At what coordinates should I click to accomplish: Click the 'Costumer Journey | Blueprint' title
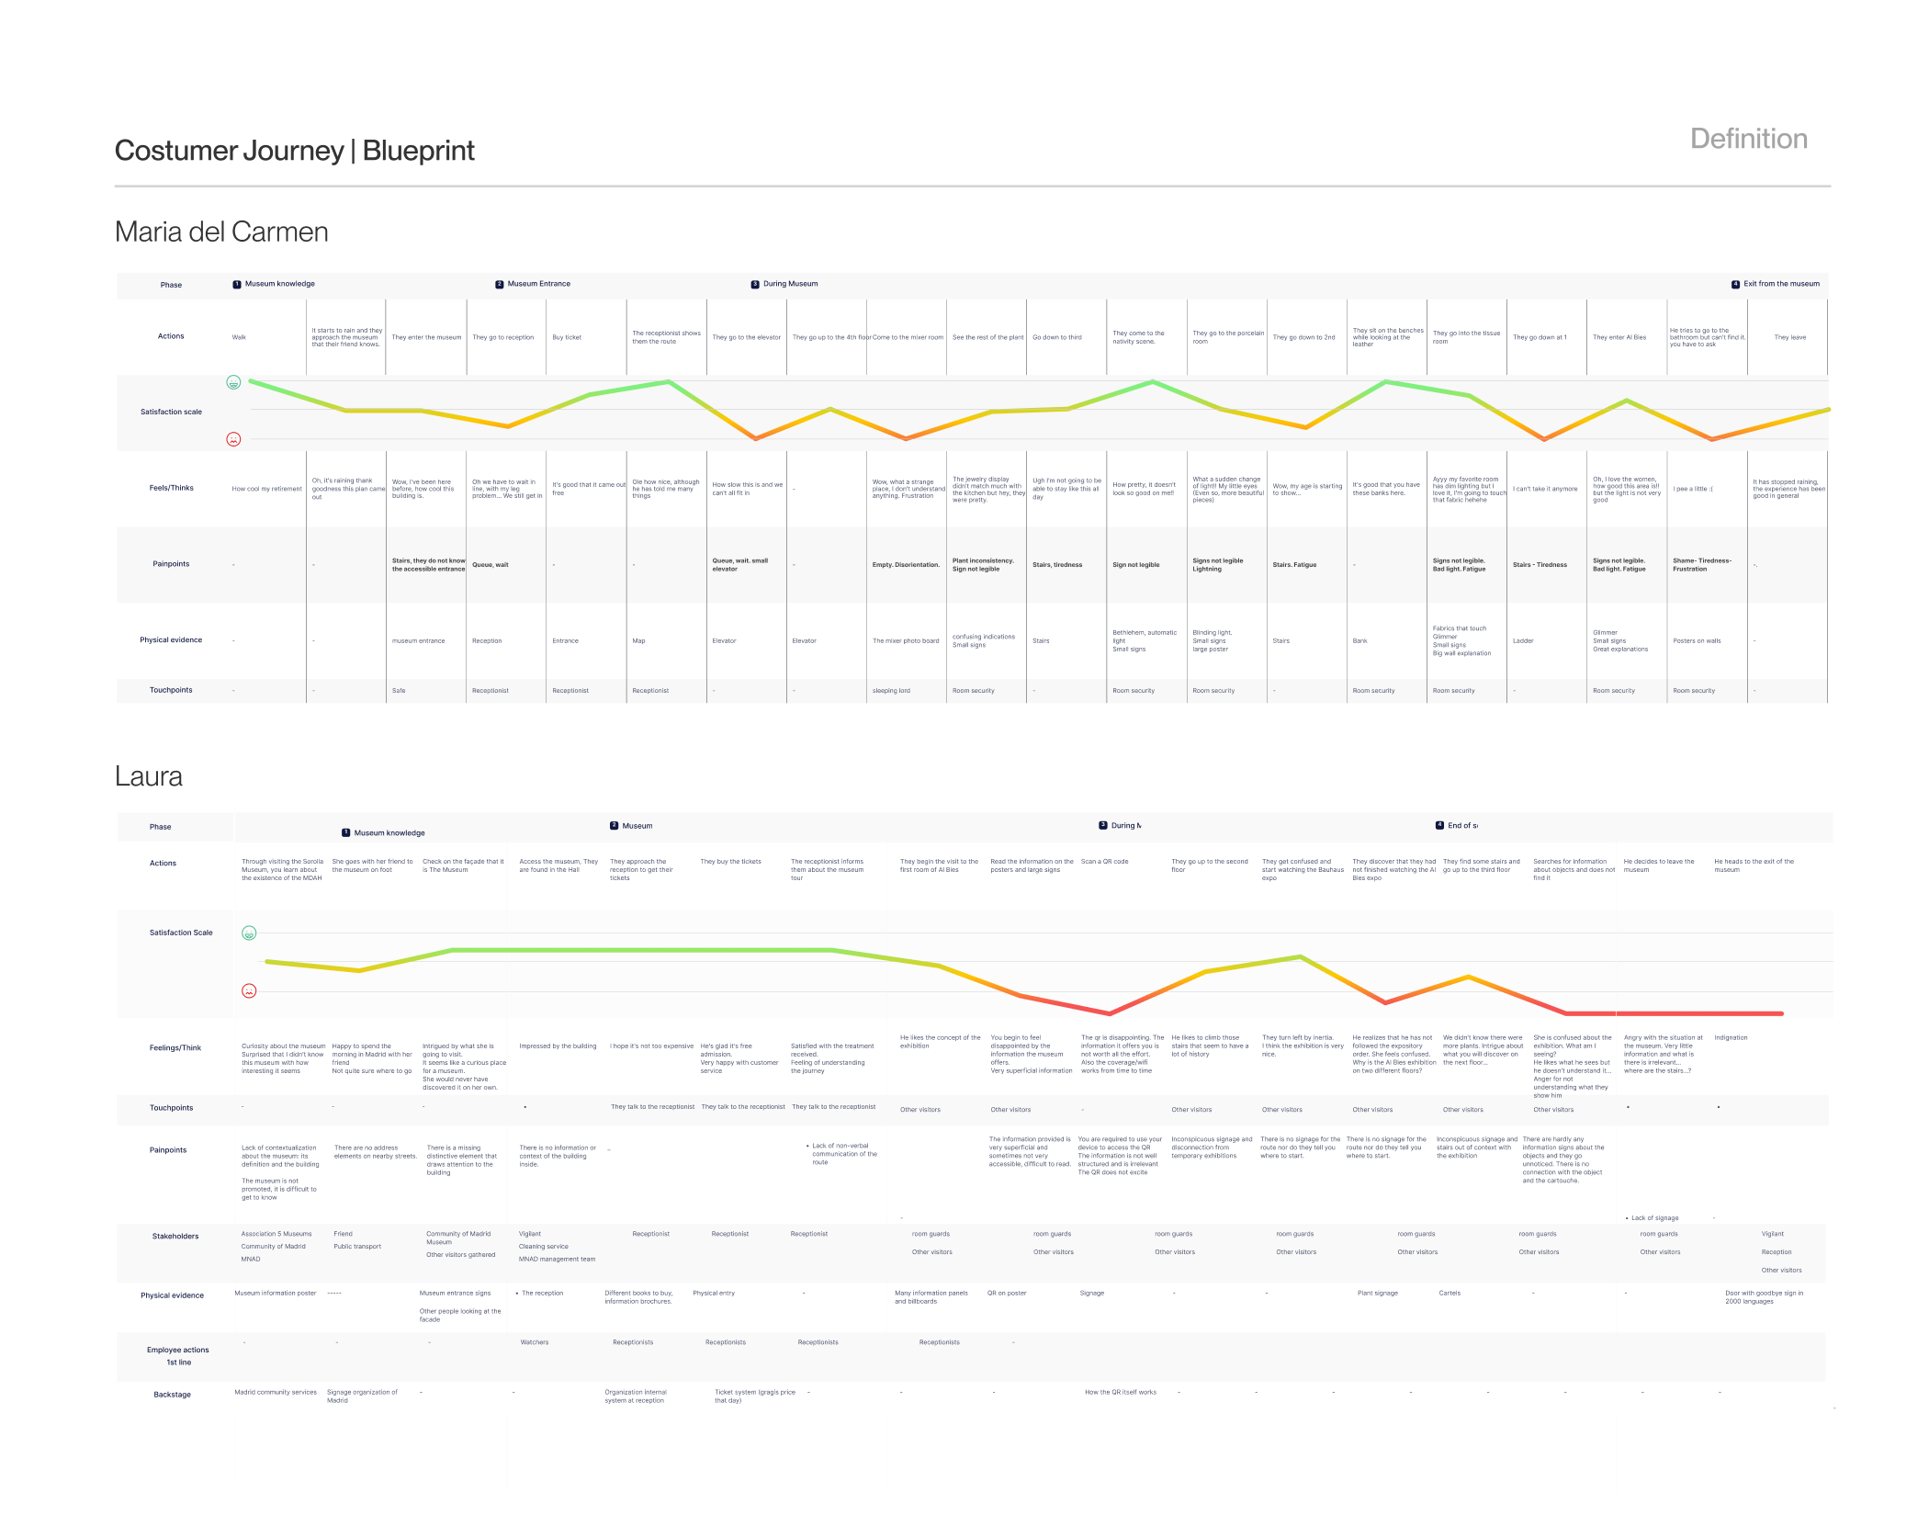[294, 151]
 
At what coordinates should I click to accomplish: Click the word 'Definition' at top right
[1748, 139]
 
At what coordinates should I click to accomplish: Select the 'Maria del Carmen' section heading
[221, 232]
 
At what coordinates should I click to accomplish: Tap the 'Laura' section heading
[149, 776]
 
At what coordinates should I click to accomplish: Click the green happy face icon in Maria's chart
[233, 382]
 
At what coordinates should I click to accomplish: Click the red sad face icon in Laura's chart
[249, 990]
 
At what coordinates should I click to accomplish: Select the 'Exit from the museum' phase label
[1780, 284]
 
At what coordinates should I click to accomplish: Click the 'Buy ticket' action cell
[567, 337]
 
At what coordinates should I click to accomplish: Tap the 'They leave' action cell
[1789, 337]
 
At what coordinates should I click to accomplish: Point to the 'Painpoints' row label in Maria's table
[171, 564]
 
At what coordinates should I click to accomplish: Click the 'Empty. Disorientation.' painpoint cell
[905, 565]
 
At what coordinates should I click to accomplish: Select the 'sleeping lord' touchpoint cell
[891, 691]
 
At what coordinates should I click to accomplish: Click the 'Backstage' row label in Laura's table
[172, 1395]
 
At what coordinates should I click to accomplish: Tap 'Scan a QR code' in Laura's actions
[1104, 862]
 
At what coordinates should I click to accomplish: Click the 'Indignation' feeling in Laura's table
[1731, 1038]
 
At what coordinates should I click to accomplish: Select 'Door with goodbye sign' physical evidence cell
[1763, 1296]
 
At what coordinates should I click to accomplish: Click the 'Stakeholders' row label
[175, 1237]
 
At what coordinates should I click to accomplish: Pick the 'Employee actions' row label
[177, 1351]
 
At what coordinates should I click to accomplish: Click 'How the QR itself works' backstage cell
[1120, 1393]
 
